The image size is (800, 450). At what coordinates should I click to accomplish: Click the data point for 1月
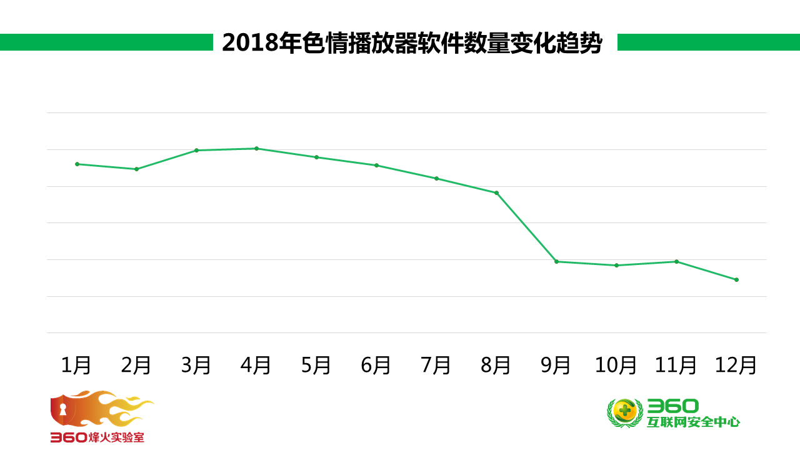point(77,164)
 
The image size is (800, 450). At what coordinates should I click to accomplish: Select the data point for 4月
point(256,148)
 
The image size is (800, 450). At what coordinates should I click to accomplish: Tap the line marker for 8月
point(496,192)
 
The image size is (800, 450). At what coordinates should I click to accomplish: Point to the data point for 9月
point(556,261)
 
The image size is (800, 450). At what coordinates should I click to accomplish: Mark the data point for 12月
point(736,279)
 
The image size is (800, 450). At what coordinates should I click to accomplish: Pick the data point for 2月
point(136,169)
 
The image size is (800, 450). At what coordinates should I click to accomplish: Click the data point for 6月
point(376,165)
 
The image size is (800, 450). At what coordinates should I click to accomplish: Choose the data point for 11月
point(676,261)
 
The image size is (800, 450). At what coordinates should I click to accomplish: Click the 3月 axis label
point(196,365)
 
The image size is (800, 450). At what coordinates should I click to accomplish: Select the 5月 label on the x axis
point(316,365)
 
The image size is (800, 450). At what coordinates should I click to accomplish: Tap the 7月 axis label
point(436,365)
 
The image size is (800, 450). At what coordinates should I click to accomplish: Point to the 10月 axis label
point(616,365)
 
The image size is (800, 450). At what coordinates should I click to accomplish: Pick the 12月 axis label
point(736,365)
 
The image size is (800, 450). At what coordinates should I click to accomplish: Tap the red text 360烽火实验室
point(97,437)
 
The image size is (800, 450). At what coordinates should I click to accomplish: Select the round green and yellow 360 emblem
point(624,412)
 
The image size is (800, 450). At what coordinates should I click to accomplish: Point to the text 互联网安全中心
point(693,422)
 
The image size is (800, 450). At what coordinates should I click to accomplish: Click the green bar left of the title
point(106,42)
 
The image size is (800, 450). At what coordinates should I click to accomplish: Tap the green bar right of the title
point(708,42)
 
